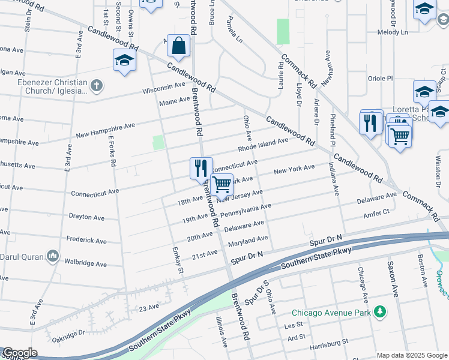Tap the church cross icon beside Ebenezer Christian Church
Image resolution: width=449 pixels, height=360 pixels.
point(97,86)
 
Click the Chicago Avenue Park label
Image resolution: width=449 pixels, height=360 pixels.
point(331,313)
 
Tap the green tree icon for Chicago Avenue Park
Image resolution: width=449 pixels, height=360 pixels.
point(379,312)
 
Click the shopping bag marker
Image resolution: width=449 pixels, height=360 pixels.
point(178,46)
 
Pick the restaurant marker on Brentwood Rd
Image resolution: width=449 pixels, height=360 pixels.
point(201,168)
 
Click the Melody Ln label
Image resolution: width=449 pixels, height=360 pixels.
point(393,32)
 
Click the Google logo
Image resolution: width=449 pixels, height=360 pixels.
point(19,353)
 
